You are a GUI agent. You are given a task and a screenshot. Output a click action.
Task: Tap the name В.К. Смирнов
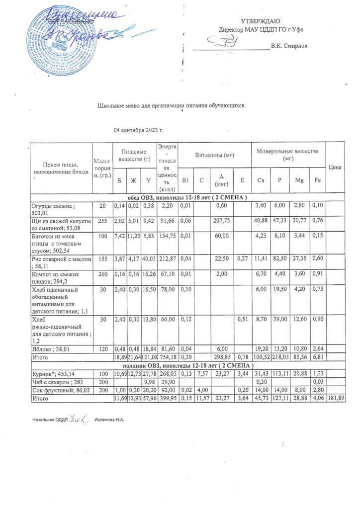(289, 46)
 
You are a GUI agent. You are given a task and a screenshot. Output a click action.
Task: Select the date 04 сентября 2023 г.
(139, 130)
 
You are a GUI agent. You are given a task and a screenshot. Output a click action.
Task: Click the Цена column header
(335, 168)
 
